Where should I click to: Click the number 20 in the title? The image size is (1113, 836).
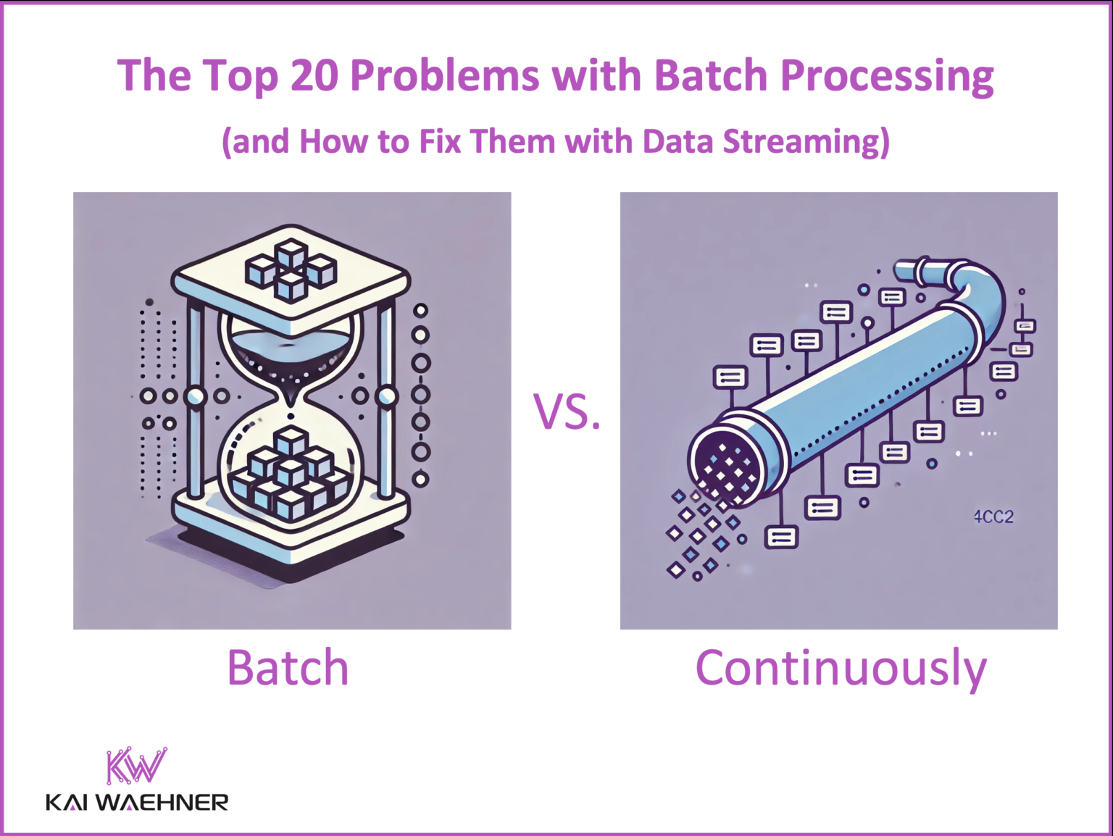(314, 75)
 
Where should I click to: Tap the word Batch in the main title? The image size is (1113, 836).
(710, 75)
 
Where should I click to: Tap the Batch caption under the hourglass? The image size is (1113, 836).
(288, 667)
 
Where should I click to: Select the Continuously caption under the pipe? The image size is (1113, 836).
(841, 669)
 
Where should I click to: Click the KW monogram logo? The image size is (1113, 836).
(136, 766)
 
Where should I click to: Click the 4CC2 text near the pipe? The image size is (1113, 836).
(993, 517)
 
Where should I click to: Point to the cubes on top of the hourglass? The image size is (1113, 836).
(291, 269)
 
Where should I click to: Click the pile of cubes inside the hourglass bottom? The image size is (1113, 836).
(290, 475)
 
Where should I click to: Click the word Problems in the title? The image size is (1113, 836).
(445, 75)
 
